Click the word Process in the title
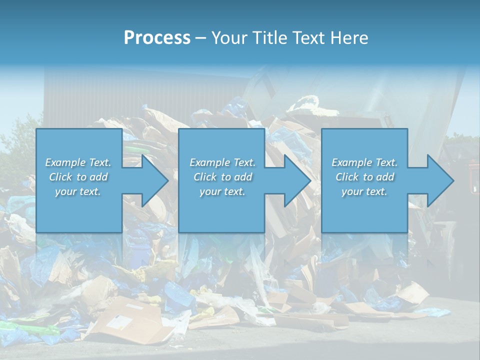[x=157, y=38]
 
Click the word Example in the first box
[x=64, y=162]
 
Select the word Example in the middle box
[x=209, y=162]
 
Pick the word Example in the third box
[x=351, y=162]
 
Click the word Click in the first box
[x=60, y=177]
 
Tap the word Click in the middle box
[x=204, y=177]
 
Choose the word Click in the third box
[x=346, y=177]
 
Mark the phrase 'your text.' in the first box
[x=78, y=191]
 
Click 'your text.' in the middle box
[x=222, y=191]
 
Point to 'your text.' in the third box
[x=364, y=191]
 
